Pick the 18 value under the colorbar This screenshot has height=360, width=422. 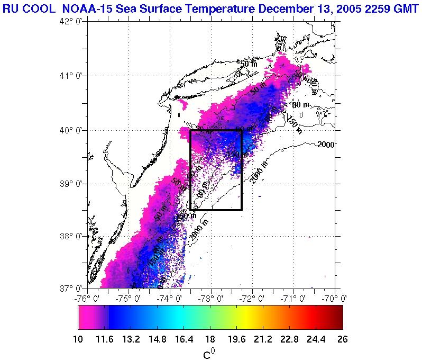[210, 339]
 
